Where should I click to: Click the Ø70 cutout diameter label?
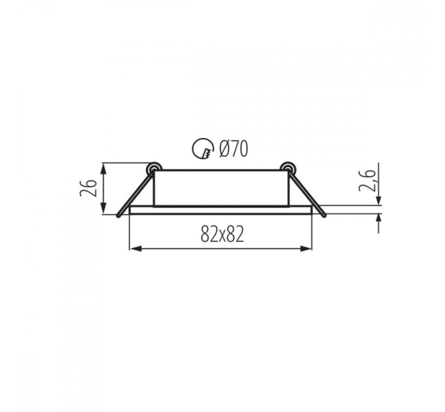point(234,148)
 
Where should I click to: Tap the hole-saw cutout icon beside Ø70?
point(202,148)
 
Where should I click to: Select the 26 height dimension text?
point(88,188)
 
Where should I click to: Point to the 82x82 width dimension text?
point(222,234)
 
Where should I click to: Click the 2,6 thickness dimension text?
point(368,181)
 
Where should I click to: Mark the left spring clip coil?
point(154,169)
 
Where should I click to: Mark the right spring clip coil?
point(288,169)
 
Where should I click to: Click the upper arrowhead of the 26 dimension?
point(104,169)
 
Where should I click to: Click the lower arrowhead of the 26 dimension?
point(104,208)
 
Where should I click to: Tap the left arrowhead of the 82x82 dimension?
point(135,249)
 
